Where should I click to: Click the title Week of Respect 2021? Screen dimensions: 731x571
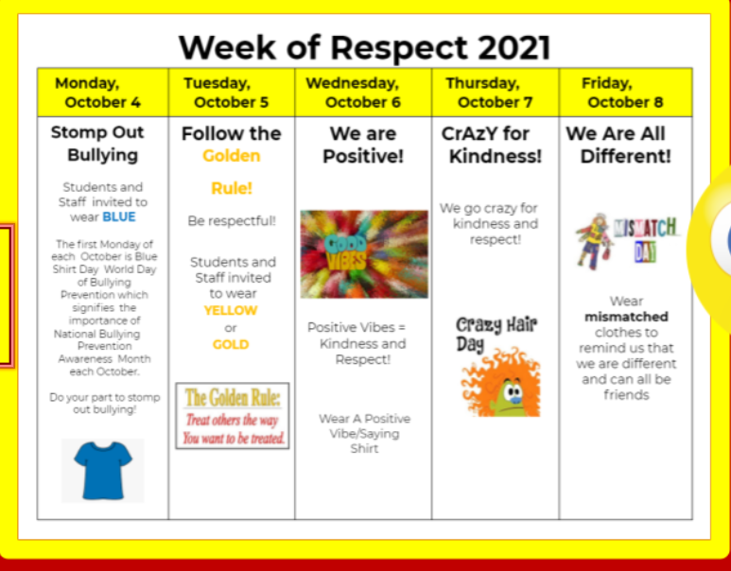(365, 47)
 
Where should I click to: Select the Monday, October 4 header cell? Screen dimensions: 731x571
(103, 93)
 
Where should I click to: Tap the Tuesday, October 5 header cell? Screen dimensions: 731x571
(232, 93)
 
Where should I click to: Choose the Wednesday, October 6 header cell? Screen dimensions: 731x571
(363, 93)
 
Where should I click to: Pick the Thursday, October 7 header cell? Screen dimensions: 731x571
(496, 93)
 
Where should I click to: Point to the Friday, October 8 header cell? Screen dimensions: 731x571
(626, 93)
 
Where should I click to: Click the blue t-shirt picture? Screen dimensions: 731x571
(103, 470)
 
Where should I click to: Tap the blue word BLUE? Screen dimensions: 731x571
(119, 216)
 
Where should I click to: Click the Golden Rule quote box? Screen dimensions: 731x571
(233, 416)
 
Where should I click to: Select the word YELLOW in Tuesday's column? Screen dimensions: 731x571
(231, 310)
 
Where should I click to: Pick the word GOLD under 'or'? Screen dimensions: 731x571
(231, 344)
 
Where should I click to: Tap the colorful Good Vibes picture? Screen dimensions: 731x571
(364, 254)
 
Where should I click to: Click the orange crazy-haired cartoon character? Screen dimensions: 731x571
(500, 382)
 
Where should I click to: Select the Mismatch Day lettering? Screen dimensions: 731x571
(646, 239)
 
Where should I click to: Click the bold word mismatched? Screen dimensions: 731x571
(626, 317)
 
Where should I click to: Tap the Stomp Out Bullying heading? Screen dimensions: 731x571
(98, 144)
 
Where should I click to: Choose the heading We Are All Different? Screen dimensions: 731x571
(620, 145)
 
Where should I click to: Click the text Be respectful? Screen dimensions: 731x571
(232, 220)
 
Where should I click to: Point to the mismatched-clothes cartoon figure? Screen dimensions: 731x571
(594, 241)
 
